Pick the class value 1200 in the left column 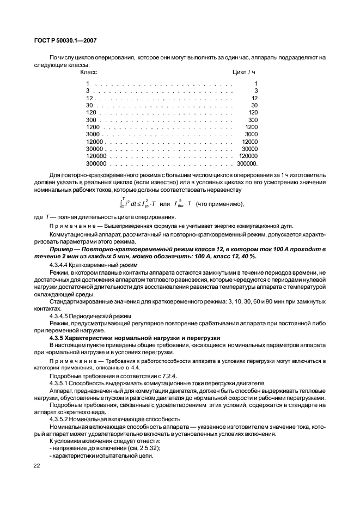click(x=92, y=127)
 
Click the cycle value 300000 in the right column click(x=247, y=163)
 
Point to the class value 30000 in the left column click(x=95, y=149)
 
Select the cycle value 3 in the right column click(x=255, y=90)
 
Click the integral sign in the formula click(x=123, y=204)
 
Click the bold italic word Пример click(x=63, y=248)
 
